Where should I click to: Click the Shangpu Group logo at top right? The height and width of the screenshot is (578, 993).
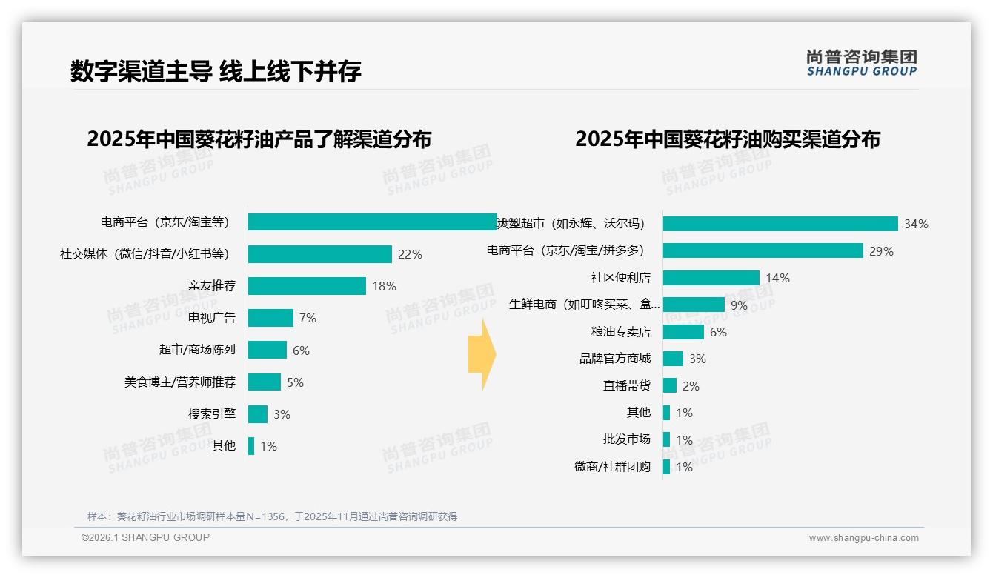[862, 63]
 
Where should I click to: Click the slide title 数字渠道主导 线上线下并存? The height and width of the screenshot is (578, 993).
[216, 71]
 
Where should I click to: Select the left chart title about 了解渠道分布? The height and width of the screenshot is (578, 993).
[259, 139]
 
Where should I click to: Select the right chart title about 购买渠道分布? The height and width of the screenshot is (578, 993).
[727, 139]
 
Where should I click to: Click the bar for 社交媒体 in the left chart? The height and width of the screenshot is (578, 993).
[319, 254]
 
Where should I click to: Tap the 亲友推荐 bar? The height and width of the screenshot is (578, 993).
[307, 286]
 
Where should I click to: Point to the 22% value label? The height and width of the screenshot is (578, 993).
[410, 254]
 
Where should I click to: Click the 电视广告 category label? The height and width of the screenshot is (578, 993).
[212, 318]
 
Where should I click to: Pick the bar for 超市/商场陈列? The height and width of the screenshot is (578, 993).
[267, 350]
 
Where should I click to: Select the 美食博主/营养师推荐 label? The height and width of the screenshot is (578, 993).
[180, 382]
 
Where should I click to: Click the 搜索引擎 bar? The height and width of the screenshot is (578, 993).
[257, 414]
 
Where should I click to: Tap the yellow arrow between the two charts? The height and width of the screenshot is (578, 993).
[482, 355]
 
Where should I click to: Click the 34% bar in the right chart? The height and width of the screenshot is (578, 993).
[780, 224]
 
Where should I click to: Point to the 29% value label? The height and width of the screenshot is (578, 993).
[881, 251]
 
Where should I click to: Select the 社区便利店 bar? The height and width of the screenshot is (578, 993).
[711, 278]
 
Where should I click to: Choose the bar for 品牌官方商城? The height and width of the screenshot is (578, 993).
[673, 359]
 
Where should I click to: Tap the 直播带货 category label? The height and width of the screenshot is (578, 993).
[626, 385]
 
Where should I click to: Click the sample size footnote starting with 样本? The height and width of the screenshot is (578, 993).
[272, 516]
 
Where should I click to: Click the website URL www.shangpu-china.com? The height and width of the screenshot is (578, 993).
[863, 538]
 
